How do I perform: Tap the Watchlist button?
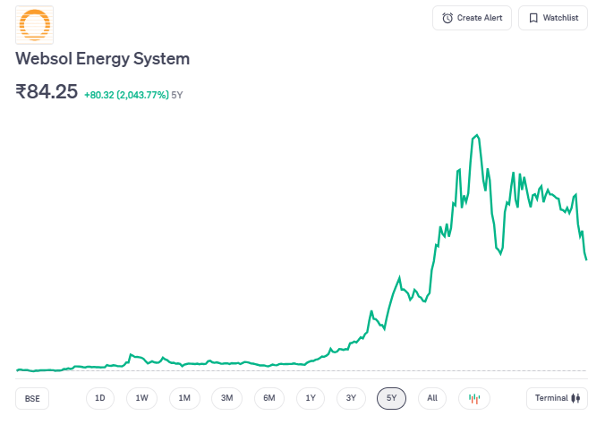click(552, 18)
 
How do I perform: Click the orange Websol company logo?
click(35, 26)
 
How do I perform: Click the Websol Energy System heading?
click(103, 59)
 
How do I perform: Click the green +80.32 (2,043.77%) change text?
click(126, 94)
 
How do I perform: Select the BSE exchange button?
click(32, 398)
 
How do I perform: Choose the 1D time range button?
click(100, 398)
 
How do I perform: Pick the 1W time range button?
click(141, 398)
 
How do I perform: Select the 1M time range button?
click(184, 398)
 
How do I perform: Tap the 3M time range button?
click(226, 398)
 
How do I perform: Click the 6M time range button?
click(268, 398)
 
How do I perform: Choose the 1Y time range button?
click(310, 398)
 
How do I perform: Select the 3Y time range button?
click(351, 398)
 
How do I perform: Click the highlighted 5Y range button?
click(392, 398)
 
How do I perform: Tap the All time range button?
click(432, 398)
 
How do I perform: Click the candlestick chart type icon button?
click(474, 398)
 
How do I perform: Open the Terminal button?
click(558, 398)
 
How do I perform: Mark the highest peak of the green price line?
click(477, 135)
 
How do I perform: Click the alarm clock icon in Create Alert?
click(447, 18)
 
